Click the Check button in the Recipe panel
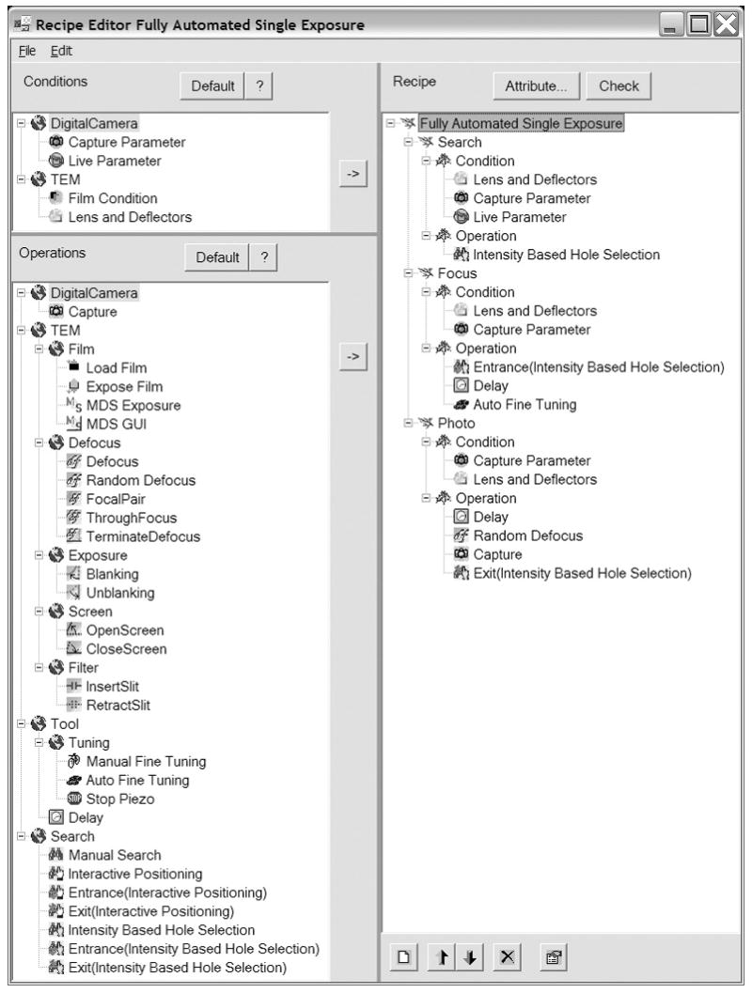tap(619, 85)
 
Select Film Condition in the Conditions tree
tap(117, 198)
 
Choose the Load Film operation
tap(116, 367)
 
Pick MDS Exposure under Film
tap(133, 405)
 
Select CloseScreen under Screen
tap(126, 648)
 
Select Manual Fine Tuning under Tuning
tap(145, 761)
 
